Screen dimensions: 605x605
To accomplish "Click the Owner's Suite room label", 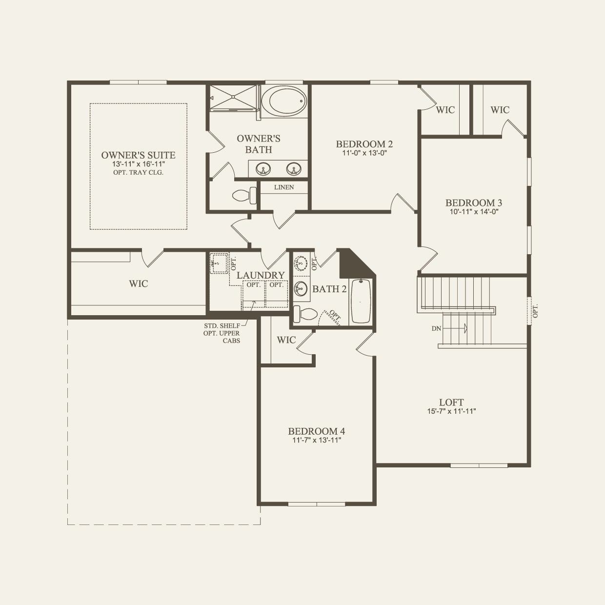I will pos(138,155).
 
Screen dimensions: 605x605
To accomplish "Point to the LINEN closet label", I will pos(284,187).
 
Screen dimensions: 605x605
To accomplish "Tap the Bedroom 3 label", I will pos(473,203).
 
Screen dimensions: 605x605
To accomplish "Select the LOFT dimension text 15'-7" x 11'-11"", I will pos(451,411).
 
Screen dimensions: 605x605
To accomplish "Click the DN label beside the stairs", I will pos(436,328).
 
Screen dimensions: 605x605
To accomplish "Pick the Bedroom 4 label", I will pos(316,431).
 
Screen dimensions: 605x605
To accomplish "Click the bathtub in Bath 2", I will pos(361,301).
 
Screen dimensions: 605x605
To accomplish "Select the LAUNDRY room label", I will pos(261,276).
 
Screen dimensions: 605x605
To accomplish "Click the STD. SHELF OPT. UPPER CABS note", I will pos(222,333).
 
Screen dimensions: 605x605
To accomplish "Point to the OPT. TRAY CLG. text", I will pos(138,173).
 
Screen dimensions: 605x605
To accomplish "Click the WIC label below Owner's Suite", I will pos(139,283).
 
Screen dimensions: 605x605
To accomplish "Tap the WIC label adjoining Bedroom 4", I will pos(286,340).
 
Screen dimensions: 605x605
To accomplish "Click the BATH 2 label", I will pos(329,289).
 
